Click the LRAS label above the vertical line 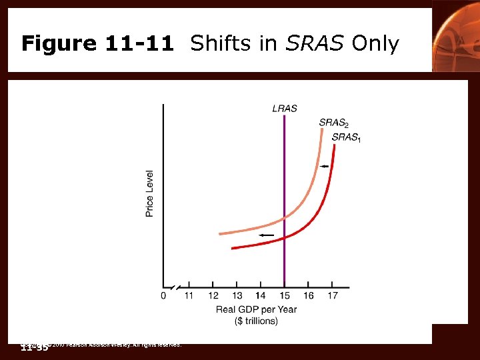point(285,108)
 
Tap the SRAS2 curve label point(334,123)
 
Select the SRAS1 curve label point(347,137)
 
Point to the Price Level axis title point(150,193)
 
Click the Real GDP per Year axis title point(257,309)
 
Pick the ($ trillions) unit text point(257,321)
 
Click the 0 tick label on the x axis point(164,296)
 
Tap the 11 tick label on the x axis point(189,296)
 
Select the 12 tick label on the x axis point(213,296)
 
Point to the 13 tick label point(237,296)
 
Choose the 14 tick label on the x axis point(261,296)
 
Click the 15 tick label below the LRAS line point(285,296)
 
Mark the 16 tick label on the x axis point(309,296)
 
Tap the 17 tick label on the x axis point(333,296)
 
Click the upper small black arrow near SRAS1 point(324,166)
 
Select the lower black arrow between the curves point(266,235)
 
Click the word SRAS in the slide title point(313,44)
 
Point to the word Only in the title point(375,44)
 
